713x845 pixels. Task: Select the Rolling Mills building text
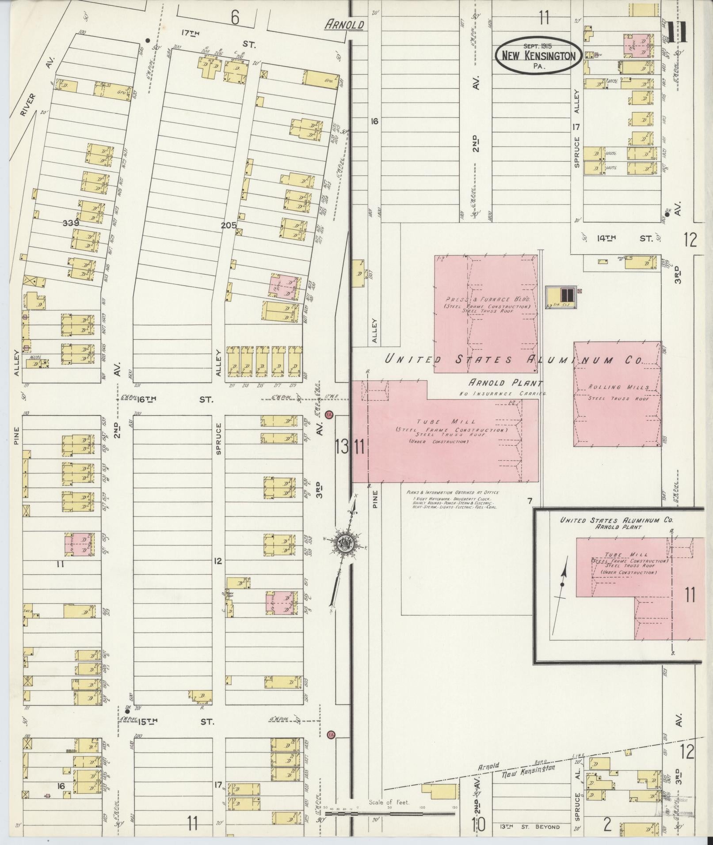pyautogui.click(x=618, y=387)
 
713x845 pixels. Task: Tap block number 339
pyautogui.click(x=70, y=223)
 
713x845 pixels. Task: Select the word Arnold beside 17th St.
pyautogui.click(x=344, y=25)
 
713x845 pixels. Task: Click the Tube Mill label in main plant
pyautogui.click(x=451, y=422)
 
